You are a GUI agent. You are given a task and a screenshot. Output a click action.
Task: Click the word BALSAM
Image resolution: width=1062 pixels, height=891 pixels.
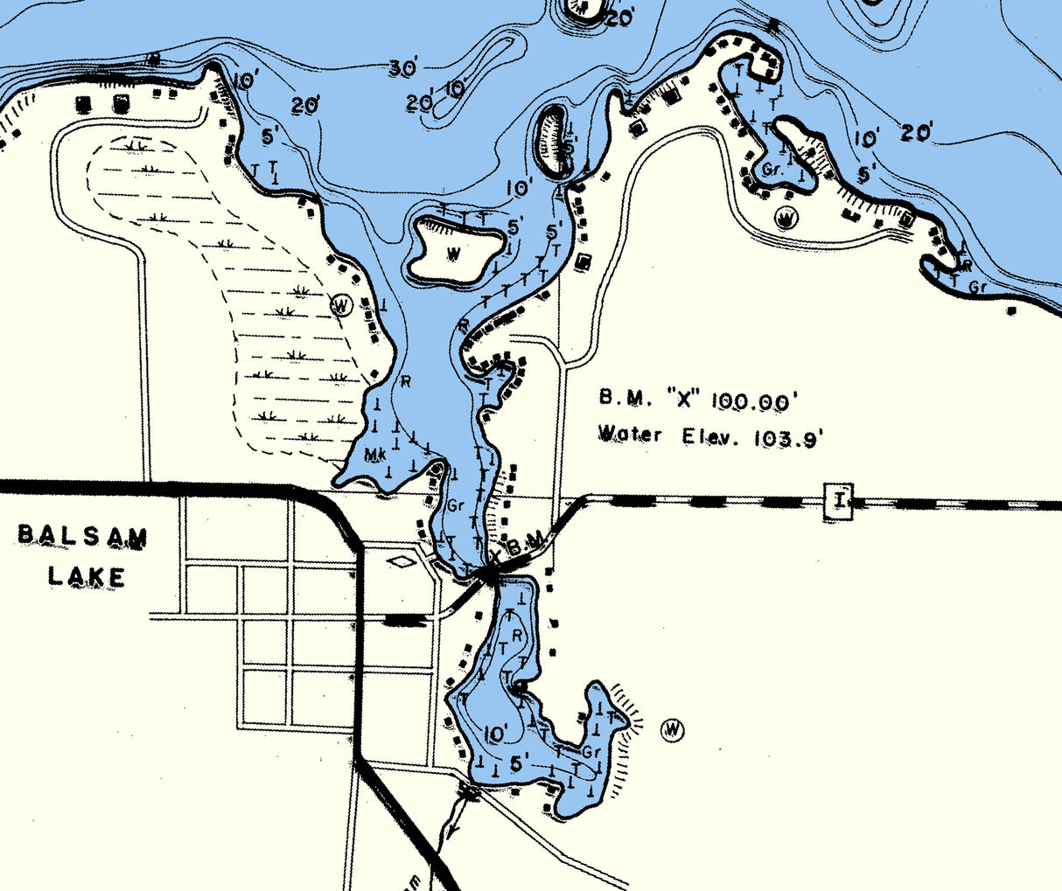click(x=83, y=536)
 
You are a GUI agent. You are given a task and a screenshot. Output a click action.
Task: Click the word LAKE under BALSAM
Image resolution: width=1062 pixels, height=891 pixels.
click(x=87, y=576)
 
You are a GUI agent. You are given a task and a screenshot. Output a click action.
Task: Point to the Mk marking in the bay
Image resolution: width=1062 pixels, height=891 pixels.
click(x=375, y=455)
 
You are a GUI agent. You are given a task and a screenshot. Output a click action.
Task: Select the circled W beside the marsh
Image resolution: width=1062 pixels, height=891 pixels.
click(x=341, y=306)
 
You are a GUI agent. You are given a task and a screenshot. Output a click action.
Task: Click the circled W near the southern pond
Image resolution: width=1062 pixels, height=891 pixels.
click(x=672, y=729)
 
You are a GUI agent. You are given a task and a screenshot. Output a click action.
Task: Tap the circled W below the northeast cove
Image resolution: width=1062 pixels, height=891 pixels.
click(x=787, y=216)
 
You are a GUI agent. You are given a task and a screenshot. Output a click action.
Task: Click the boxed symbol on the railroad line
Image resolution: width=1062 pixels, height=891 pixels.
click(x=839, y=501)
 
